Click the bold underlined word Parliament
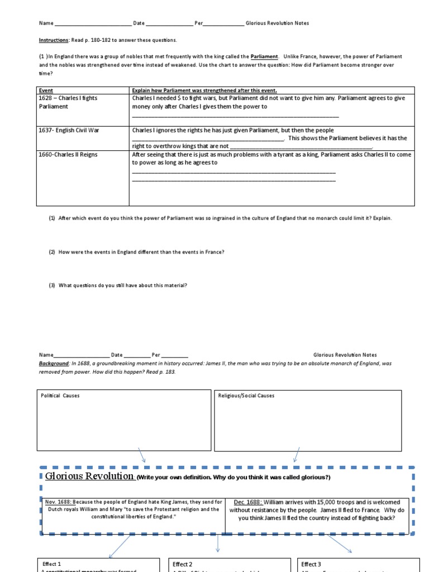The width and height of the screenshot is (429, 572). click(264, 57)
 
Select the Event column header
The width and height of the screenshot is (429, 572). click(45, 90)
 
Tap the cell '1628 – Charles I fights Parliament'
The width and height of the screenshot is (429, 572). click(68, 102)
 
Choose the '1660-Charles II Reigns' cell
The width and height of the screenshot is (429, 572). click(68, 155)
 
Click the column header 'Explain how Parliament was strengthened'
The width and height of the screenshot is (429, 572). click(204, 90)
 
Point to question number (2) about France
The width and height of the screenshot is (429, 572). click(137, 252)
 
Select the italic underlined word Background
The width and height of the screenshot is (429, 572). click(54, 363)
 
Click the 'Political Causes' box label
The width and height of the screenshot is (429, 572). click(60, 396)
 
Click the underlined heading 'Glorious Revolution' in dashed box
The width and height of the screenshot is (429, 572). click(89, 476)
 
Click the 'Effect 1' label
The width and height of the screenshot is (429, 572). click(52, 564)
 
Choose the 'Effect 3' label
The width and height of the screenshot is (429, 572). click(311, 564)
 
